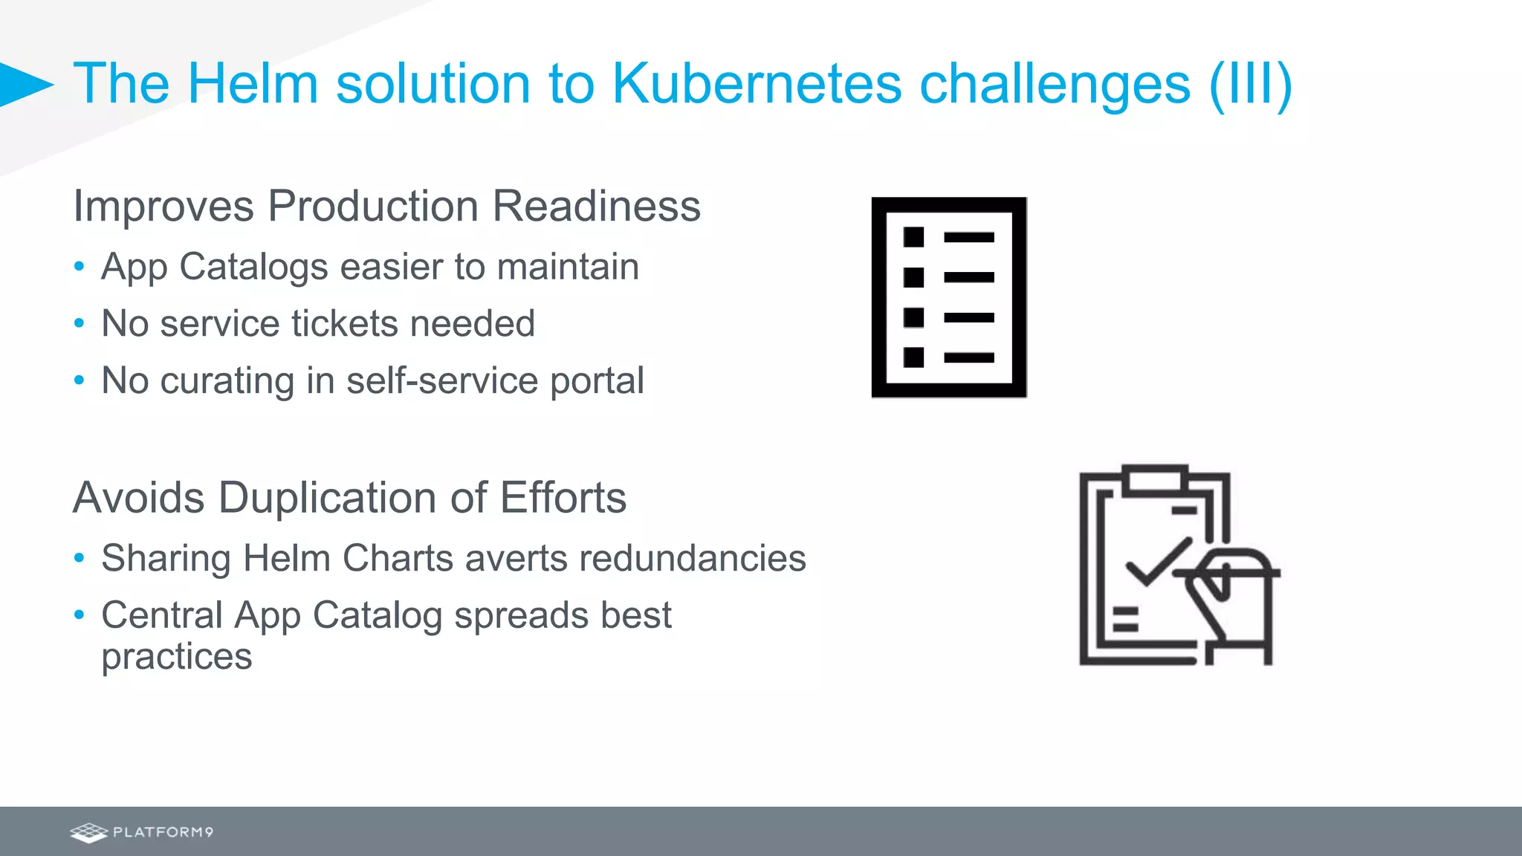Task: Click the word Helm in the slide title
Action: pos(253,83)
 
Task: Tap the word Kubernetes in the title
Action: pos(757,83)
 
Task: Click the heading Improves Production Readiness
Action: pos(386,206)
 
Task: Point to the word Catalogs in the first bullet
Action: pos(253,267)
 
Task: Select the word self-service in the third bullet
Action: pos(442,380)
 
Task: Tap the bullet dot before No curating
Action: pos(80,380)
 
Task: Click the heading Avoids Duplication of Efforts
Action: pos(349,497)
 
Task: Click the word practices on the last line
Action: pos(177,656)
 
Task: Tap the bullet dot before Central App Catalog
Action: pos(80,615)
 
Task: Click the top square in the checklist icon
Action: pos(913,237)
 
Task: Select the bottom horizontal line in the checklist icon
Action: pos(969,357)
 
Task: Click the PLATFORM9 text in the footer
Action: pos(163,832)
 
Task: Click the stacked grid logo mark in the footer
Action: pos(89,832)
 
